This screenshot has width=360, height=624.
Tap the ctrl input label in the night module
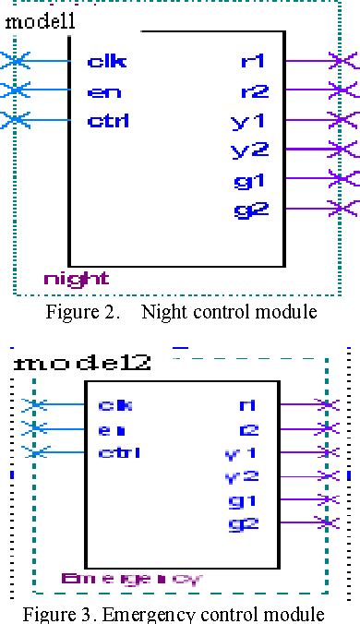pos(108,120)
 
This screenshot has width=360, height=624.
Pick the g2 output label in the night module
pos(250,210)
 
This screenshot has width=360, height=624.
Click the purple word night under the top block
pos(76,278)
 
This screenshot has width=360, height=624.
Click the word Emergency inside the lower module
pos(131,579)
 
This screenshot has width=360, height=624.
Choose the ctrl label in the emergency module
pos(118,452)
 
